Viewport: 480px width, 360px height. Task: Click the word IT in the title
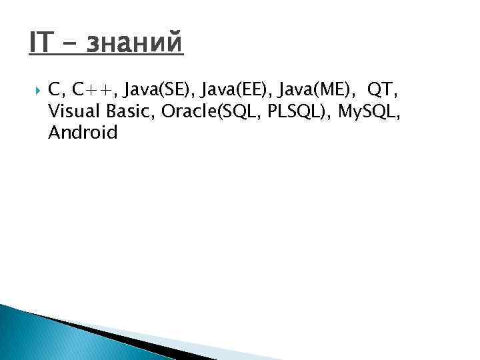[x=41, y=45]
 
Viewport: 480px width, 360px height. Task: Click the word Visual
[x=74, y=112]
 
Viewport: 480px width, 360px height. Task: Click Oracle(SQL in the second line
[x=212, y=112]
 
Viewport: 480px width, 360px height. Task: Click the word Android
[x=83, y=133]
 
